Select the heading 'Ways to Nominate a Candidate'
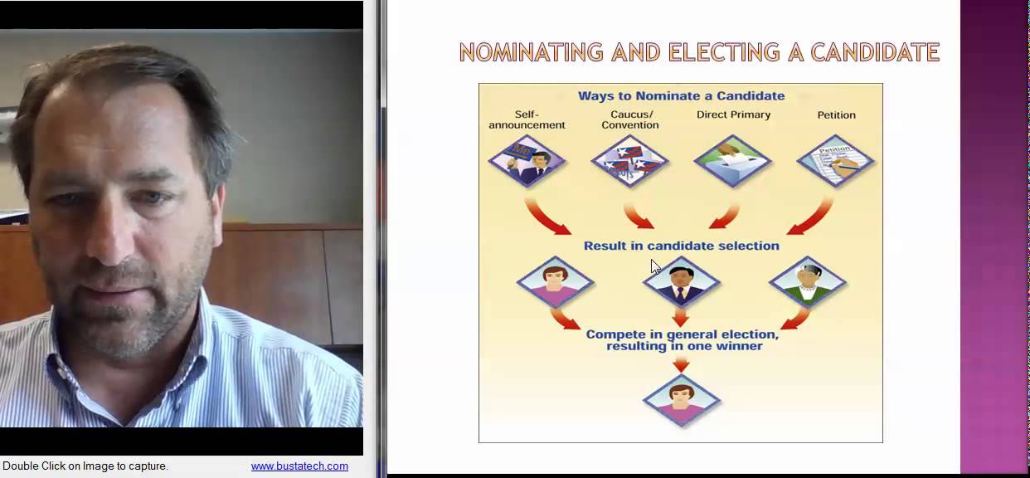681,96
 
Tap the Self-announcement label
527,119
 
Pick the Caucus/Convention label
630,119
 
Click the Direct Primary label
733,115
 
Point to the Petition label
836,115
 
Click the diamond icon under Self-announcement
527,161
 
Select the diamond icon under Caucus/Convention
630,161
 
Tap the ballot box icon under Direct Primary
733,161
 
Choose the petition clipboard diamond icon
836,161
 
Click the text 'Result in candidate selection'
681,246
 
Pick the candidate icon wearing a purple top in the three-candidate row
555,283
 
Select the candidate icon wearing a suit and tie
681,283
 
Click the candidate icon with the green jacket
807,283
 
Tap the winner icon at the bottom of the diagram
681,401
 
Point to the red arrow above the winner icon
681,363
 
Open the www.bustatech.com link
299,466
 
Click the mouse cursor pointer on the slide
655,266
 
